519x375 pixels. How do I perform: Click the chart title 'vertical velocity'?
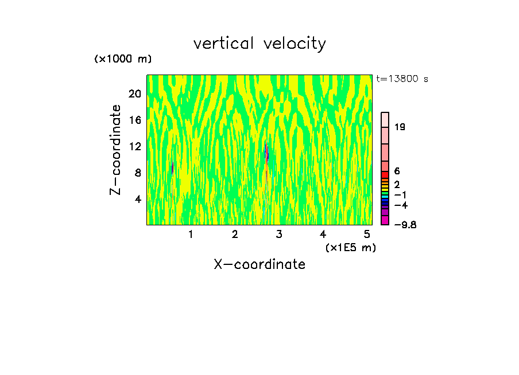pos(259,44)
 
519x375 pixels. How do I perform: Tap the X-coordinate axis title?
pos(259,264)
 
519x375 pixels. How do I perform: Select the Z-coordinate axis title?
pos(116,150)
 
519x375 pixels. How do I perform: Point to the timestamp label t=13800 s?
pos(402,79)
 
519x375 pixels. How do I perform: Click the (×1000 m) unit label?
pos(123,60)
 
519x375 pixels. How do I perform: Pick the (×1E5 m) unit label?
pos(350,248)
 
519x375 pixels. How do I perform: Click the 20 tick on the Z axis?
pos(134,94)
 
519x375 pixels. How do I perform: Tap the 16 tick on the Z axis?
pos(134,120)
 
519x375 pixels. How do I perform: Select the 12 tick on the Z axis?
pos(134,147)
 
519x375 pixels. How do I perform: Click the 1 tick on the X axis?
pos(191,235)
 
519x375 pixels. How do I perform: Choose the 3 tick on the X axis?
pos(279,235)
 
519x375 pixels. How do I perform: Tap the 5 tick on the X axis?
pos(367,235)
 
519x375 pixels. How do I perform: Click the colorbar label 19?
pos(400,127)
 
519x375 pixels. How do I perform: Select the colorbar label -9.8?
pos(405,225)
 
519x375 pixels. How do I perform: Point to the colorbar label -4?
pos(401,205)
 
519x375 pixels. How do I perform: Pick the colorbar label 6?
pos(397,171)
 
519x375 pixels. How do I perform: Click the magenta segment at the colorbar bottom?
pos(385,220)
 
